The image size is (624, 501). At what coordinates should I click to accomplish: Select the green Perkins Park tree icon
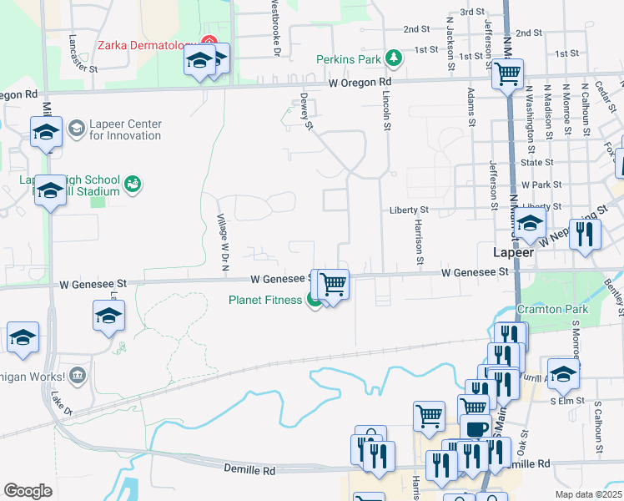coord(393,58)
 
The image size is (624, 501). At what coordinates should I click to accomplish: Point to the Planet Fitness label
coord(265,300)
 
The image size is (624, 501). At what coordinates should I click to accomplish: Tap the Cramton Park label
coord(552,309)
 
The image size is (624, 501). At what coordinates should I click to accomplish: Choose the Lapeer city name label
coord(508,251)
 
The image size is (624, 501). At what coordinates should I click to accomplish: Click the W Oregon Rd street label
coord(359,83)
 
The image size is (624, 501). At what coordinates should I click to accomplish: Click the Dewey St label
coord(306,114)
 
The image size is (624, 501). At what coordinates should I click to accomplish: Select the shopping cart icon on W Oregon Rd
coord(507,74)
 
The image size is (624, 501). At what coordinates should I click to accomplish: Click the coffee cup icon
coord(476,428)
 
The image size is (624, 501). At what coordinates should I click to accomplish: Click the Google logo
coord(28,490)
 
